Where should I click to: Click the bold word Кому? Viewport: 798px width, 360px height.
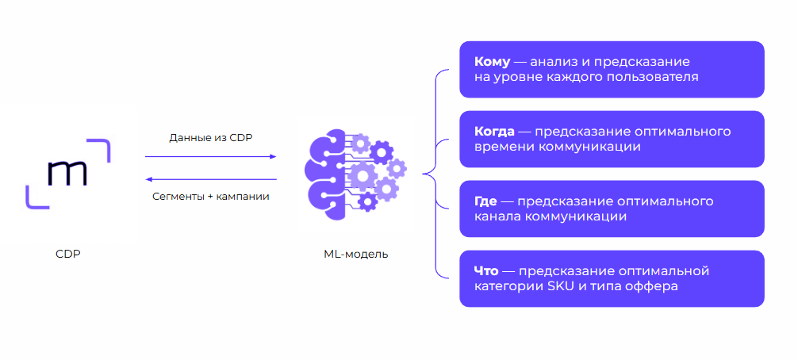(x=492, y=62)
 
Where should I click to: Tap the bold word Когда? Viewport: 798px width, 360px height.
(x=495, y=132)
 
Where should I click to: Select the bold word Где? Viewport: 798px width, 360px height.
(x=485, y=201)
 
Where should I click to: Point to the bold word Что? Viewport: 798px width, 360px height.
(x=486, y=271)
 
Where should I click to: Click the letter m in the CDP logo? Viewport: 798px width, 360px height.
(x=67, y=174)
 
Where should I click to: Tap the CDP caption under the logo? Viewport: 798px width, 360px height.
(x=68, y=254)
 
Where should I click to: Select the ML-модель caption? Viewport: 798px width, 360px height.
(x=355, y=255)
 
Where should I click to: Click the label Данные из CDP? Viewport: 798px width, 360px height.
(x=211, y=138)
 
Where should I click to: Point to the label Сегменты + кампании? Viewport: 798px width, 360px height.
(x=211, y=197)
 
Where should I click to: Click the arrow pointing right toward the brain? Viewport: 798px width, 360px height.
(x=211, y=157)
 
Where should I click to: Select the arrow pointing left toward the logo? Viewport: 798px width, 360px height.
(x=211, y=179)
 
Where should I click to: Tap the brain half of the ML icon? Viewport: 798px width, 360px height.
(x=327, y=174)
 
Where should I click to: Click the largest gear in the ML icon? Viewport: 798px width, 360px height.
(x=363, y=175)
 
